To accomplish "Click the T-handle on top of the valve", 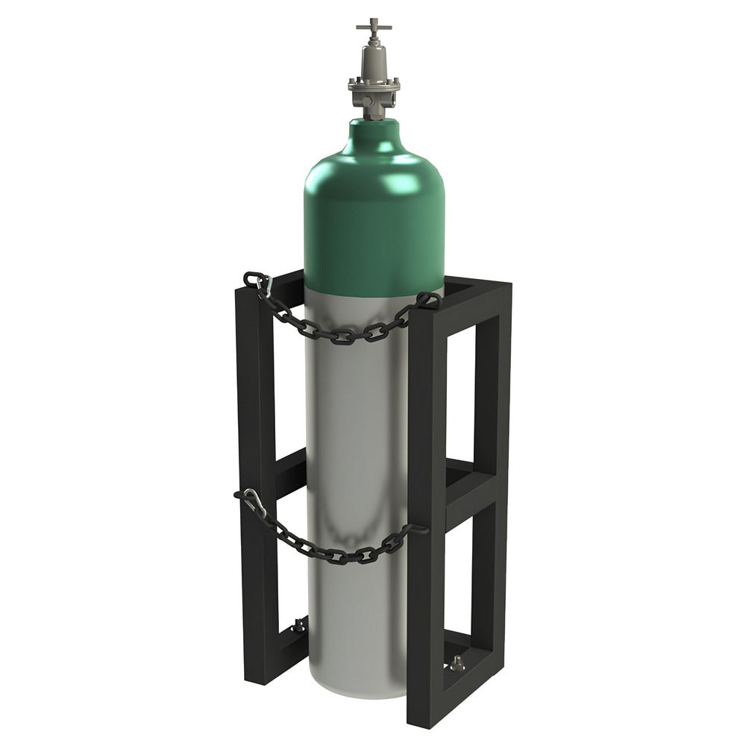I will (x=373, y=27).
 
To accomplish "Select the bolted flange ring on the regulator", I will (x=373, y=84).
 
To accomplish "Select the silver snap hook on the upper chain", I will (x=262, y=288).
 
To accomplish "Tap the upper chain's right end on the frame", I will (x=428, y=300).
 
